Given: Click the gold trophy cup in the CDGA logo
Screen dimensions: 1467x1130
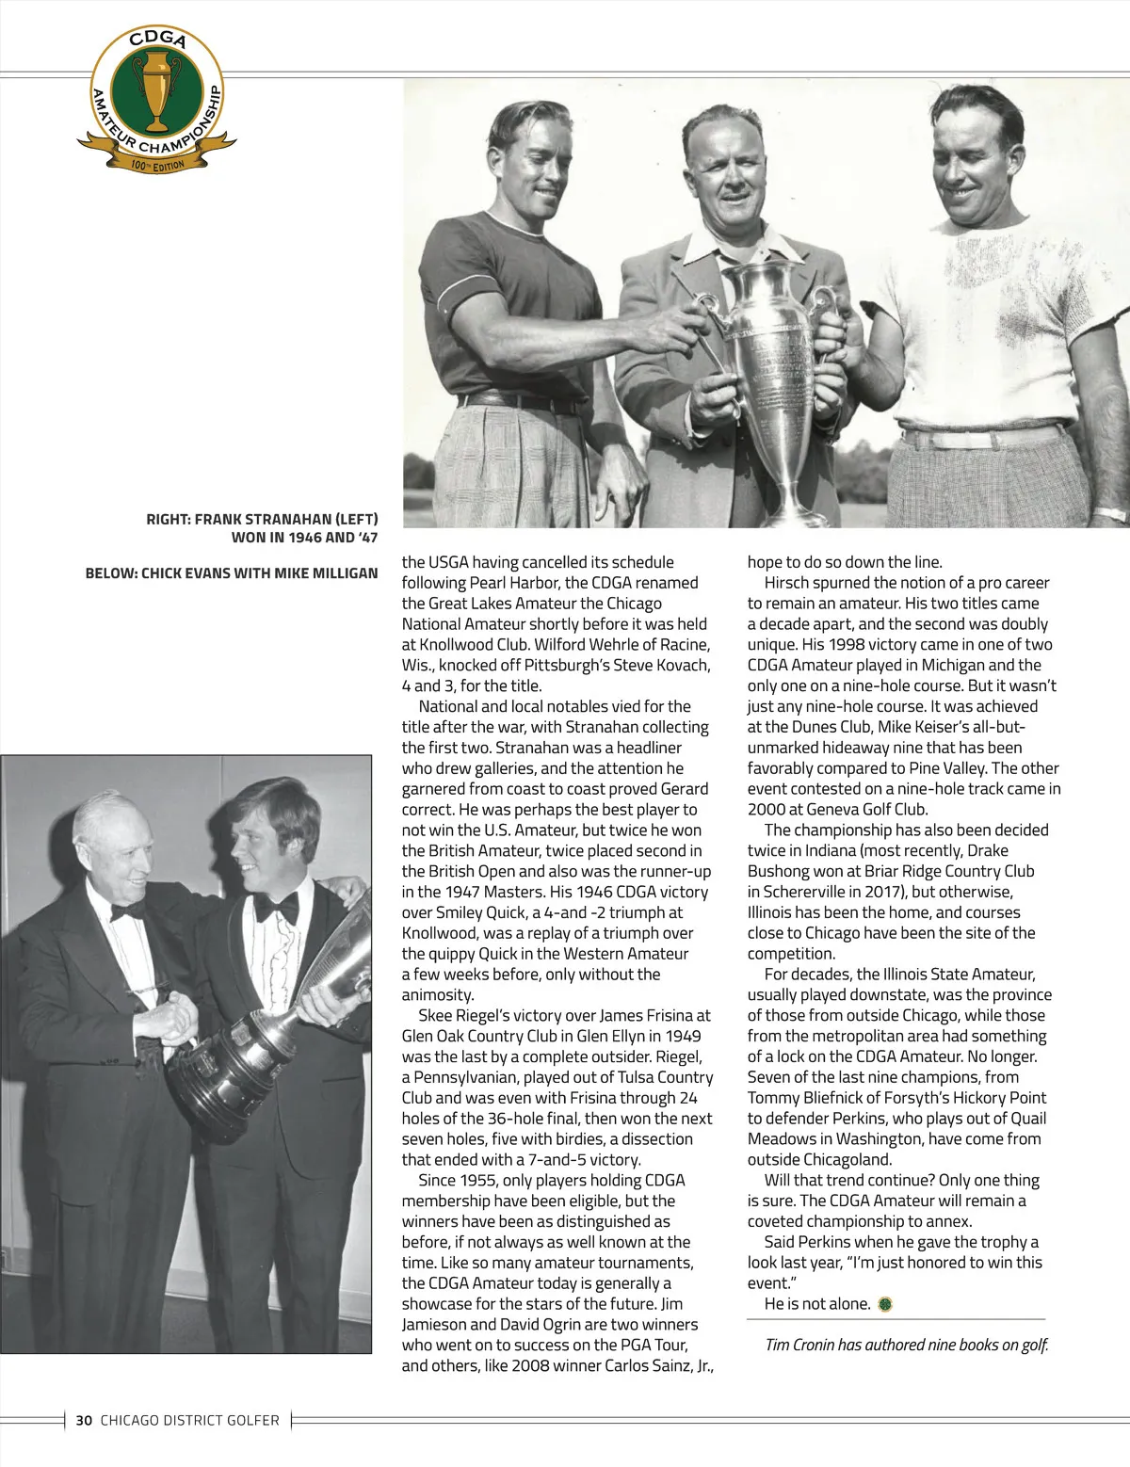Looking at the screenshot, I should (156, 90).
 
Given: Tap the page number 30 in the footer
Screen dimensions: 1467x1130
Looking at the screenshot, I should (84, 1420).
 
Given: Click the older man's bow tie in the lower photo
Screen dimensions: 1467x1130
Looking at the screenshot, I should (126, 910).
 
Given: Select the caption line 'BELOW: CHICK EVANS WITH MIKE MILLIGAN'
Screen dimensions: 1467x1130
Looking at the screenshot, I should (232, 572).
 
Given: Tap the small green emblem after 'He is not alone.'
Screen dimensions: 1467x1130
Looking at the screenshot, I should (884, 1304).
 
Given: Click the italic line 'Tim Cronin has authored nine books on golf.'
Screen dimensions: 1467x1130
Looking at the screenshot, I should (906, 1345).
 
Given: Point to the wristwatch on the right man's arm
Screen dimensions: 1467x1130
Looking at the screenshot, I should (1111, 514).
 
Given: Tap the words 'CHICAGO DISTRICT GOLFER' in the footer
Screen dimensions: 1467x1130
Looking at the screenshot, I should (190, 1420).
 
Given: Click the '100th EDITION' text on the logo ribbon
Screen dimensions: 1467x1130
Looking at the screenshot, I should (157, 166).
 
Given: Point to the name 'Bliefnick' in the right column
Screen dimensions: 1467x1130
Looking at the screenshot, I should (848, 1098).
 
